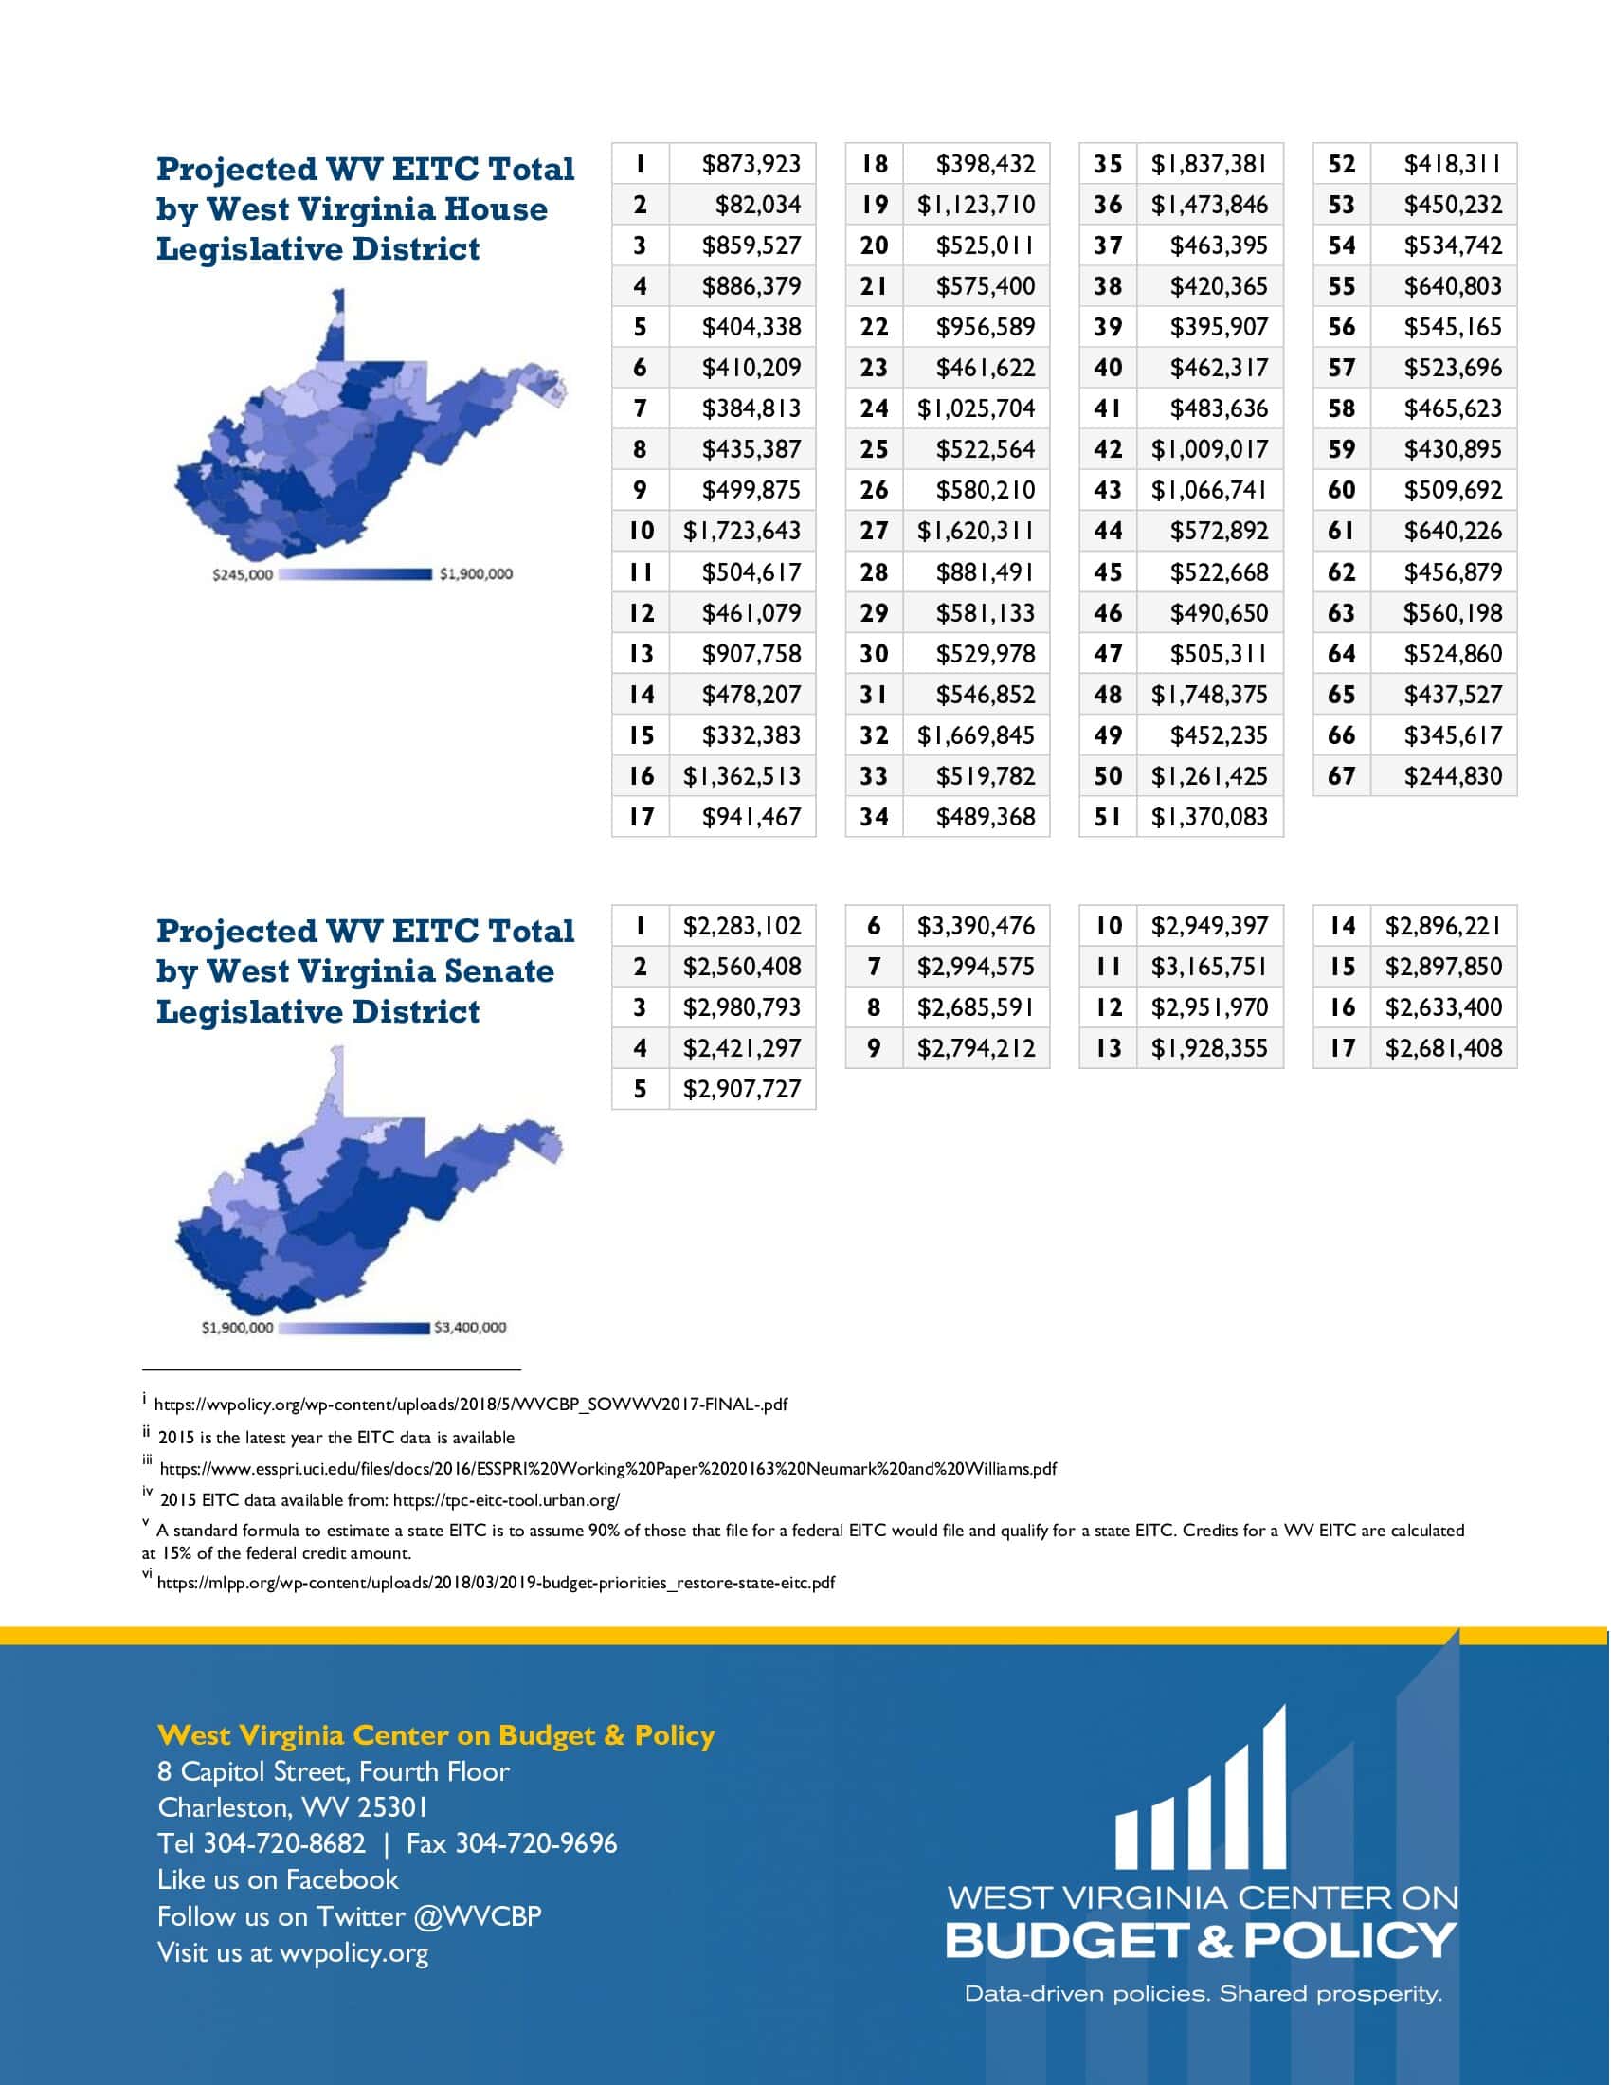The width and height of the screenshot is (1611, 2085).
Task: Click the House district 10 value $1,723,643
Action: pos(742,531)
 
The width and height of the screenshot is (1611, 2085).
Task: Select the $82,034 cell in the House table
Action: pos(758,206)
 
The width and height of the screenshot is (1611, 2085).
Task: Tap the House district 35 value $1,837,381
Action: pos(1209,164)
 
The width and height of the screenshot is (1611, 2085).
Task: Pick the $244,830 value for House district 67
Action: pos(1453,776)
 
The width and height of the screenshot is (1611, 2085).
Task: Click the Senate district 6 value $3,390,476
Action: pos(975,926)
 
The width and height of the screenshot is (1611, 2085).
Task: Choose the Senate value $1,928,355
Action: pos(1209,1048)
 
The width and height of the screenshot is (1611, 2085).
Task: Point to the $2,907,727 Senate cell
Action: pos(742,1089)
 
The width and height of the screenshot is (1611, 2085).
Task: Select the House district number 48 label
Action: pos(1107,695)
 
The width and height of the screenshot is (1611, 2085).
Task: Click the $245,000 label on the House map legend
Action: pos(243,574)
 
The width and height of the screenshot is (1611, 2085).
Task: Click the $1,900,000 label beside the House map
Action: pos(476,574)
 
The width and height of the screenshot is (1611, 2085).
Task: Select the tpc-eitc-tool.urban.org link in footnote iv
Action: pos(506,1500)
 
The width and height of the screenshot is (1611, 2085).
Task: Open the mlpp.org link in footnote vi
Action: pos(496,1582)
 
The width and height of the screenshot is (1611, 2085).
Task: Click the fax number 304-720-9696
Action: pos(535,1843)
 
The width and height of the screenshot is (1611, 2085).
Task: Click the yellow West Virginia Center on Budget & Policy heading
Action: pos(435,1734)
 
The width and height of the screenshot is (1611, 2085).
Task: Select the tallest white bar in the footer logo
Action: pos(1273,1786)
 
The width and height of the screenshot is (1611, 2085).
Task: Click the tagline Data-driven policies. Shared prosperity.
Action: pos(1203,1993)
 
